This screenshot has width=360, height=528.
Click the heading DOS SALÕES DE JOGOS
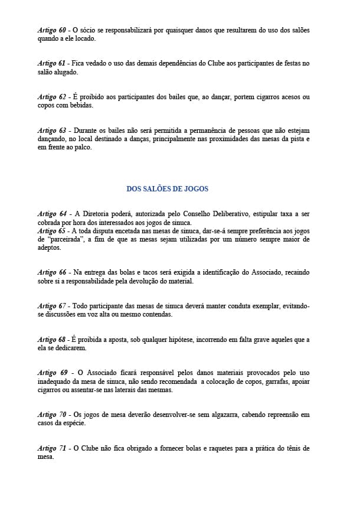pyautogui.click(x=167, y=189)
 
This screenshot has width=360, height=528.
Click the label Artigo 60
pyautogui.click(x=51, y=30)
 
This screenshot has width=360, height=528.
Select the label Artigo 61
pyautogui.click(x=51, y=63)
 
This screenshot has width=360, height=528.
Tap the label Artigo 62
pyautogui.click(x=51, y=97)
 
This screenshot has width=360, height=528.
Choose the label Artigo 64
pyautogui.click(x=51, y=214)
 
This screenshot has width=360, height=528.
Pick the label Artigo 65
pyautogui.click(x=51, y=231)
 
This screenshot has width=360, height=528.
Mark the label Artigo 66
pyautogui.click(x=51, y=272)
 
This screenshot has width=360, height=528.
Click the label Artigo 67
pyautogui.click(x=51, y=306)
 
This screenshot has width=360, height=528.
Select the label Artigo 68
pyautogui.click(x=51, y=340)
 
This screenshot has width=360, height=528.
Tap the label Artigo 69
pyautogui.click(x=52, y=373)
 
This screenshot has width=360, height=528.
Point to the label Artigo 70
pyautogui.click(x=51, y=415)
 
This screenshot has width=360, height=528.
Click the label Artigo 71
pyautogui.click(x=51, y=449)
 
